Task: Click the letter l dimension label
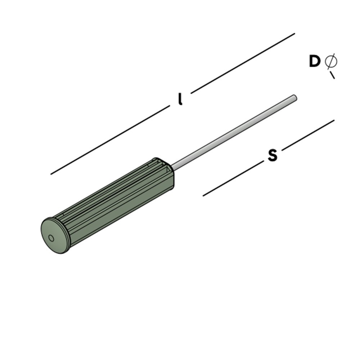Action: pos(180,99)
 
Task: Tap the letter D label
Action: pos(314,62)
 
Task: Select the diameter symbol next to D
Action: pos(330,61)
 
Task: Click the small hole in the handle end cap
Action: pos(51,238)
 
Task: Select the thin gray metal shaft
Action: pos(234,131)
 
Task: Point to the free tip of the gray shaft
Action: pos(294,97)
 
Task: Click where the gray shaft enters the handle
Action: pos(173,167)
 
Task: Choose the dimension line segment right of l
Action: pos(243,63)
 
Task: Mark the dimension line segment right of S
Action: pos(308,135)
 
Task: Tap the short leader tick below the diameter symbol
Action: pos(332,75)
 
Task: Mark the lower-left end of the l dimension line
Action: pos(51,174)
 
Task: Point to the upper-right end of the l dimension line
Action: pos(294,34)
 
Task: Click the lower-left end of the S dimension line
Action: pos(204,195)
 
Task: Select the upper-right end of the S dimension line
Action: pos(333,121)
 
